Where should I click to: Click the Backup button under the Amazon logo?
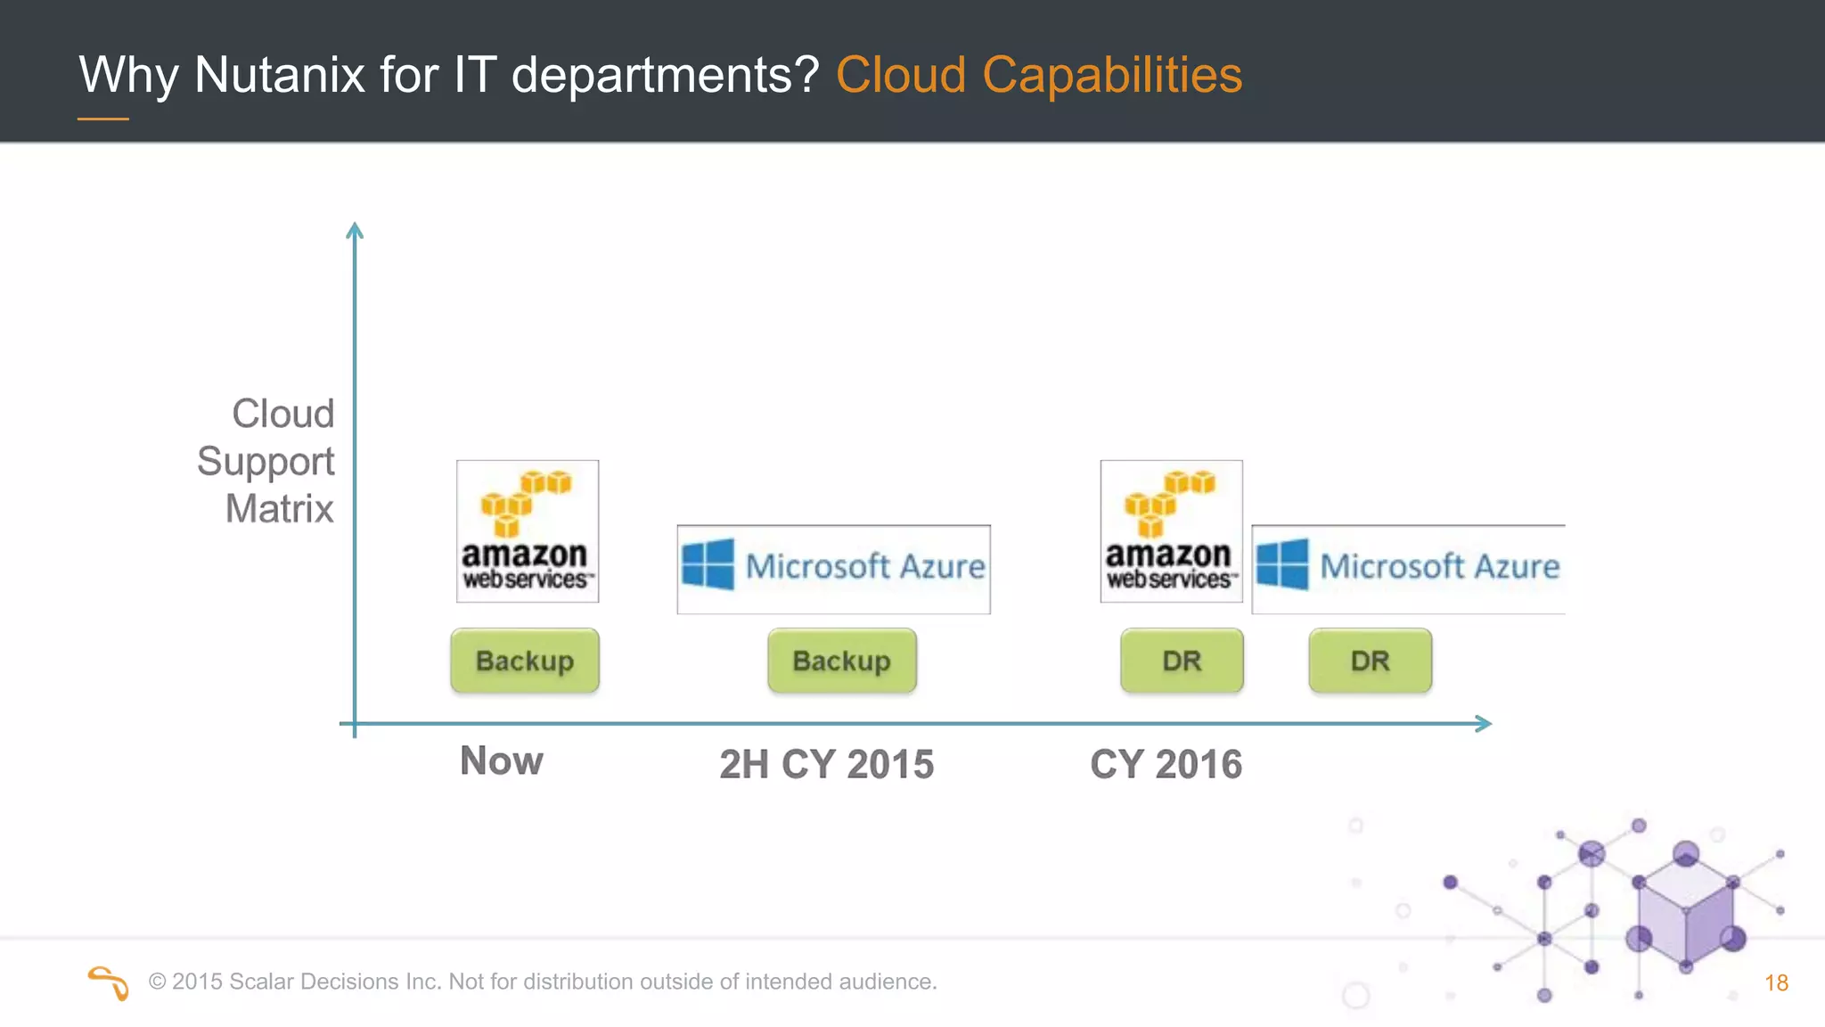[x=525, y=661]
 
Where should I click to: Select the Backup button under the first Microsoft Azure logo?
[x=842, y=661]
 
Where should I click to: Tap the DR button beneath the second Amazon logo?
[x=1182, y=661]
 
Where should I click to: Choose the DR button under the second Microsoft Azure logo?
[x=1370, y=661]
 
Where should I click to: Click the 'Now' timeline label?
[x=502, y=761]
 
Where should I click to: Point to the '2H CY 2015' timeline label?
[x=826, y=764]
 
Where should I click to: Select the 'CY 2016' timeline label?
[x=1166, y=764]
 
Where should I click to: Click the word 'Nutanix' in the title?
[x=279, y=74]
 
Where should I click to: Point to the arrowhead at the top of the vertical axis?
[x=355, y=230]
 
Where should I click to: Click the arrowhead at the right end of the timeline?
[x=1483, y=724]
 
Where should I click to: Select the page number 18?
[x=1776, y=982]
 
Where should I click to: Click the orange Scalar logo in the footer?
[x=109, y=982]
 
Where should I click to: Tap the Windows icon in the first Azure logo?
[x=708, y=564]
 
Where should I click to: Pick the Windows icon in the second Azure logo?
[x=1282, y=564]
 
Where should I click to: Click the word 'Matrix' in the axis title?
[x=279, y=509]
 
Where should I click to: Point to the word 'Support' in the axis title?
[x=266, y=462]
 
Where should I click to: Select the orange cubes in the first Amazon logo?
[x=526, y=500]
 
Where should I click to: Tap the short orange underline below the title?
[x=103, y=119]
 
